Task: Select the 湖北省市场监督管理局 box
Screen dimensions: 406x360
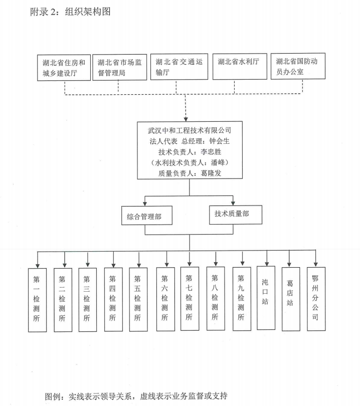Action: click(119, 67)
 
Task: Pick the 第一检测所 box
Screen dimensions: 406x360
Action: click(37, 299)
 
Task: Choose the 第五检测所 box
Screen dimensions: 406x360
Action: click(138, 299)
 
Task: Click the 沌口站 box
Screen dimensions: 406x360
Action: click(265, 298)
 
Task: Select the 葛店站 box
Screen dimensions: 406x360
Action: click(291, 299)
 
